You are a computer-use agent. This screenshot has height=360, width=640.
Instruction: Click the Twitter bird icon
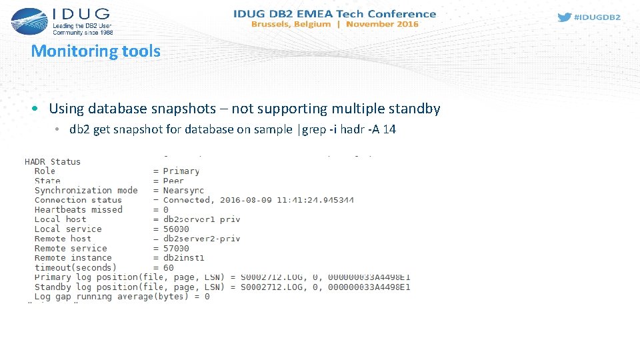564,17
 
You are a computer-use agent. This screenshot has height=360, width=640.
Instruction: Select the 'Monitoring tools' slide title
96,51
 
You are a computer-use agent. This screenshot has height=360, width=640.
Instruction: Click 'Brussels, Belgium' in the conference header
291,24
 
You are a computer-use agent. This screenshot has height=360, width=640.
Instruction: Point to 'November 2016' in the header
382,24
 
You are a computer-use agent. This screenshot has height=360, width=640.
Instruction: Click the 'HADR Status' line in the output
53,161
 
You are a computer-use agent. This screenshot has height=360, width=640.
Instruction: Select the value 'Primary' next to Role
181,171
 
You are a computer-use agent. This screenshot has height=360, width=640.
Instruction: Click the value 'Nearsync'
183,190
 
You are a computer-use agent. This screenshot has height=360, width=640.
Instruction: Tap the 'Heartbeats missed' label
79,209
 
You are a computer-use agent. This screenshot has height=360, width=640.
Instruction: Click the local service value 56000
176,229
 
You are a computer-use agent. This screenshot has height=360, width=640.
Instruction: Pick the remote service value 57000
176,248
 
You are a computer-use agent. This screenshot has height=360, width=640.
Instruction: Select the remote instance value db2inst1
183,257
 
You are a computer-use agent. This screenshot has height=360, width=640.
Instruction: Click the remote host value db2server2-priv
201,238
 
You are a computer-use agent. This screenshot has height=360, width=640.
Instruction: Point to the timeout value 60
169,267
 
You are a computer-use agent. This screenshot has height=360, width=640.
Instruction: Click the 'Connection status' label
79,200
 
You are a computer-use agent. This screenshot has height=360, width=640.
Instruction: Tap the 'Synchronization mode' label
86,190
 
